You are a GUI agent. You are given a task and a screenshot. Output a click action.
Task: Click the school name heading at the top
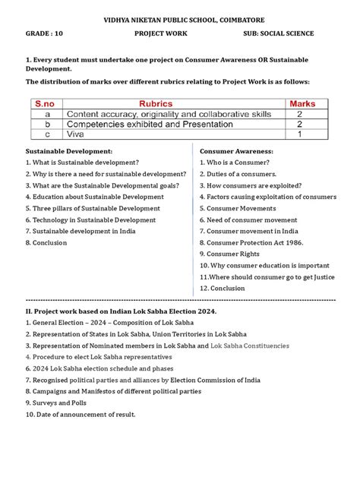tap(180, 17)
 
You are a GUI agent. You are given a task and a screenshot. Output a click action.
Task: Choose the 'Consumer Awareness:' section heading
tap(235, 151)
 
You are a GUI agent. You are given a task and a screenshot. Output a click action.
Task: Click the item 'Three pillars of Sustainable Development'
tap(93, 208)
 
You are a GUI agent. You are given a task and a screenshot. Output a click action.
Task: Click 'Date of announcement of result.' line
tap(81, 414)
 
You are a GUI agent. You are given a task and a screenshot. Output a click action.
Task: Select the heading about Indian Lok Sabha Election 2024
tap(122, 311)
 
